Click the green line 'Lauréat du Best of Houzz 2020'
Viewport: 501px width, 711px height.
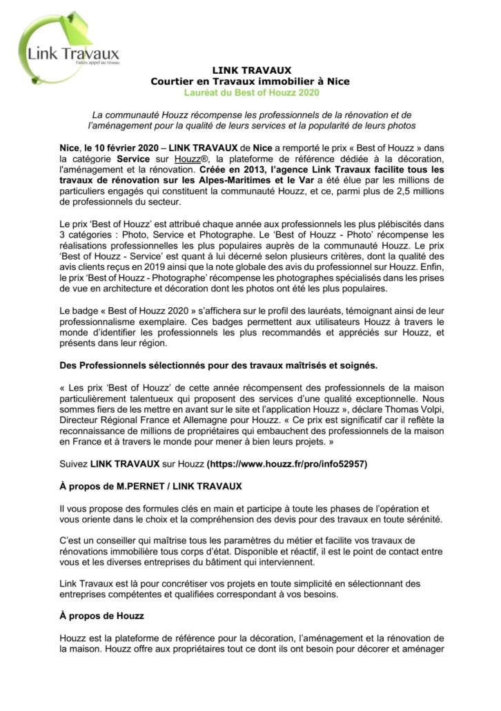tap(250, 92)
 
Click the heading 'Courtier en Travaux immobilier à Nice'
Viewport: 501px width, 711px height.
tap(250, 81)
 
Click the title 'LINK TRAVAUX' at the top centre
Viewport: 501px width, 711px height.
tap(250, 70)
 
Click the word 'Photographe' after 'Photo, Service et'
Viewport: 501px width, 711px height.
tap(213, 234)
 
